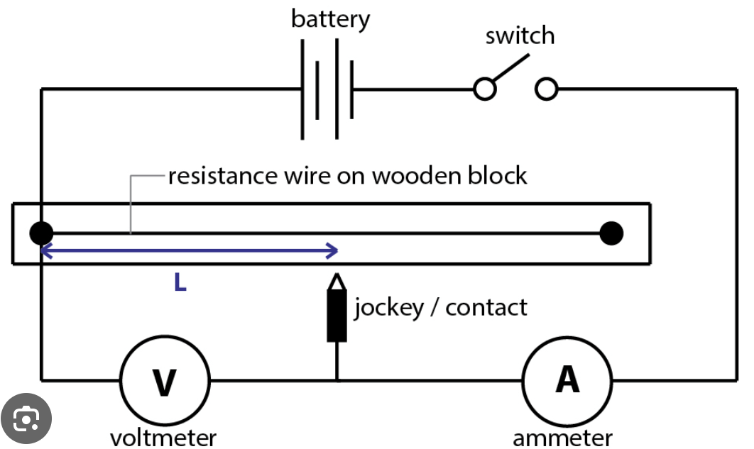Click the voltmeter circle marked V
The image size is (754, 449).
coord(165,380)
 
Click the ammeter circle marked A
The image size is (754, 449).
coord(567,380)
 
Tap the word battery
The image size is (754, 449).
coord(330,19)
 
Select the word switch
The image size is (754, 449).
coord(520,35)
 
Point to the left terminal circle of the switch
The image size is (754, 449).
coord(485,89)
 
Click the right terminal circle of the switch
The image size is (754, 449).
coord(546,89)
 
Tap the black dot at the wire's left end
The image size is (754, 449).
coord(41,233)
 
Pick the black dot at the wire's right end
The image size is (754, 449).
coord(611,233)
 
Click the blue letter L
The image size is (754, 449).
coord(180,284)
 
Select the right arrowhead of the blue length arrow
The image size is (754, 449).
coord(332,250)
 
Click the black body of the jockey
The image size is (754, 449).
coord(337,314)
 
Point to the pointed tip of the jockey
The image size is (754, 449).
coord(337,276)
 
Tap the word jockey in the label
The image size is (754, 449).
coord(388,308)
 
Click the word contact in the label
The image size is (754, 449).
coord(486,307)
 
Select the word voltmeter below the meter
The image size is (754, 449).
coord(163,437)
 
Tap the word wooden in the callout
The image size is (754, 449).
coord(412,174)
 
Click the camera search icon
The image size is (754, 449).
coord(26,420)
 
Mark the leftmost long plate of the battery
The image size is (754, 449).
coord(303,89)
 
